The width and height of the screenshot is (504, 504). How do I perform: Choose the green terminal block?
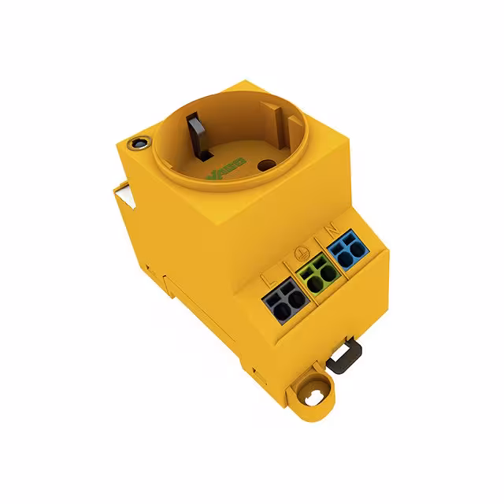(317, 275)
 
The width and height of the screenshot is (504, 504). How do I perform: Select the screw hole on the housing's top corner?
(140, 143)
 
